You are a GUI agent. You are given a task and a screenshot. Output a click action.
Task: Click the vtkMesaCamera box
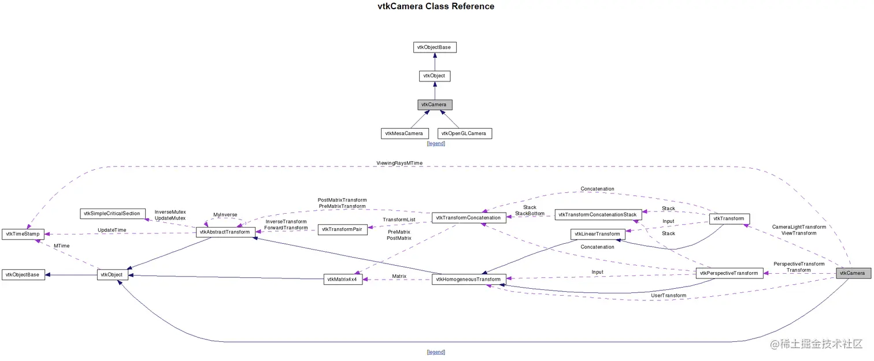click(x=405, y=133)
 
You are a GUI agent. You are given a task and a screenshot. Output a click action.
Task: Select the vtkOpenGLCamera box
click(x=464, y=133)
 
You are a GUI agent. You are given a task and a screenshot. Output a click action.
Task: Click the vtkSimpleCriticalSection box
click(x=112, y=214)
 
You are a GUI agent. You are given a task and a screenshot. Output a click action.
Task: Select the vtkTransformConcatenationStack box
click(x=597, y=214)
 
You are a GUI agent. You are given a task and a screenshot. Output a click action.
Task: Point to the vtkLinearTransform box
click(x=597, y=234)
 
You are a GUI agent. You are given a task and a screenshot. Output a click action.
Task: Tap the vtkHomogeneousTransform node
click(x=469, y=280)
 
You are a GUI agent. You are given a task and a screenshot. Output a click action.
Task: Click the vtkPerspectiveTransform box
click(x=729, y=273)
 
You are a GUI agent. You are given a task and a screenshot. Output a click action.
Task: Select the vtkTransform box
click(x=729, y=219)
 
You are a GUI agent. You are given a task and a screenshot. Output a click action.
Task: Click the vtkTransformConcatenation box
click(x=468, y=218)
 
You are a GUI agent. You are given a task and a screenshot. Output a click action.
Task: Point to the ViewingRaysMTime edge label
click(x=399, y=163)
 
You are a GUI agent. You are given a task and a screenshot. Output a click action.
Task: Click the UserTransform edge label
click(x=668, y=296)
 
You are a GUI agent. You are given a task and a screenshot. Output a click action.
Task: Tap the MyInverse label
click(x=225, y=215)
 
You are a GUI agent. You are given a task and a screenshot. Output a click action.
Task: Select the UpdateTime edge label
click(x=112, y=230)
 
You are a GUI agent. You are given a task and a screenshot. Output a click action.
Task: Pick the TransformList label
click(x=399, y=219)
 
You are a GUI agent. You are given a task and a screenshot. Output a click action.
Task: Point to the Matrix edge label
click(x=399, y=276)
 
